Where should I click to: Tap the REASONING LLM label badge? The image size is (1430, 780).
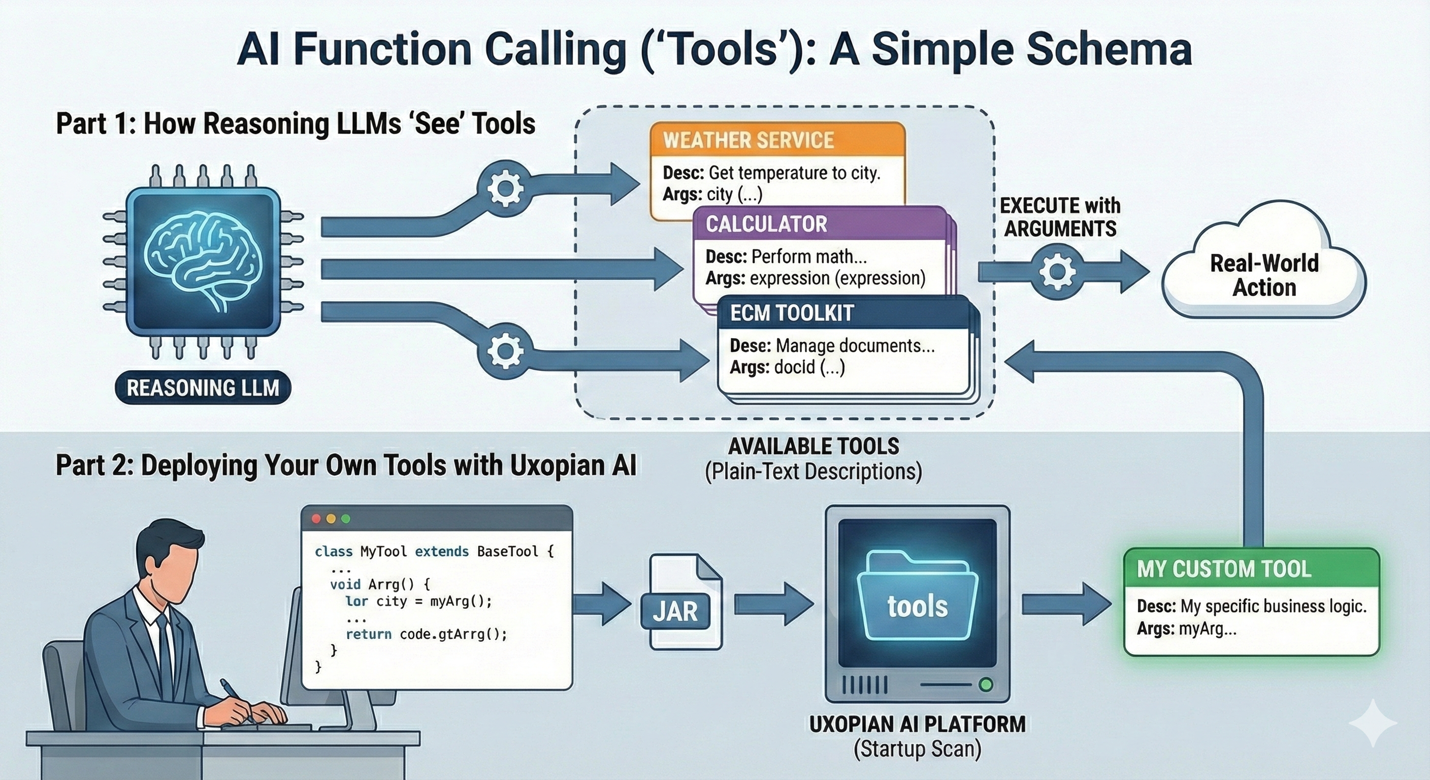203,387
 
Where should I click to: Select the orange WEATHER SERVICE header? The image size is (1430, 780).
777,140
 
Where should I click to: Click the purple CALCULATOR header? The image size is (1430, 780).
819,224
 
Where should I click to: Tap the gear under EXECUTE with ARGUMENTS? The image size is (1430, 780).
1057,272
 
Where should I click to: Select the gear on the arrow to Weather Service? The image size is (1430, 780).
505,188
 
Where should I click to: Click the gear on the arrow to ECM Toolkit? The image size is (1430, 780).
505,351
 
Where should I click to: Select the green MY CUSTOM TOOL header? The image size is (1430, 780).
1251,568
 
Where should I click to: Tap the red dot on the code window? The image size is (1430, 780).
316,518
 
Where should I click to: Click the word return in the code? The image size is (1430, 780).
368,634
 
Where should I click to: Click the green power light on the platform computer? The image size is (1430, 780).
986,684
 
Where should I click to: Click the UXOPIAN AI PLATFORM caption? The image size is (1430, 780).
917,724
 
